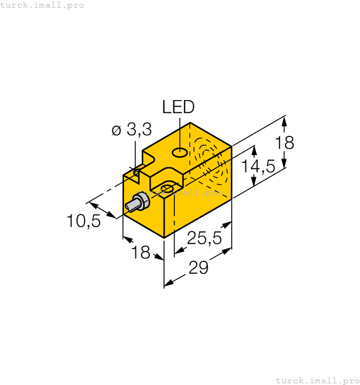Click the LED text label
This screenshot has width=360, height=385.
click(178, 107)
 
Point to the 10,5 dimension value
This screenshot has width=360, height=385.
click(83, 221)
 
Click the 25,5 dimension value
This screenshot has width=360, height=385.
click(204, 238)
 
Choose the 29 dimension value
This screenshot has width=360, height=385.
click(199, 268)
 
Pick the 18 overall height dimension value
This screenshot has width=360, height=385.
click(285, 142)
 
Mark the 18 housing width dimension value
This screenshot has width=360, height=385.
click(141, 252)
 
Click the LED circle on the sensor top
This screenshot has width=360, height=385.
click(179, 152)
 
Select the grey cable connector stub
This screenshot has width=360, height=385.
click(135, 204)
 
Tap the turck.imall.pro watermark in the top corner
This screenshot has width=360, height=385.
click(42, 5)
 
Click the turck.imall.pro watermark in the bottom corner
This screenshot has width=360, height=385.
click(317, 380)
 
